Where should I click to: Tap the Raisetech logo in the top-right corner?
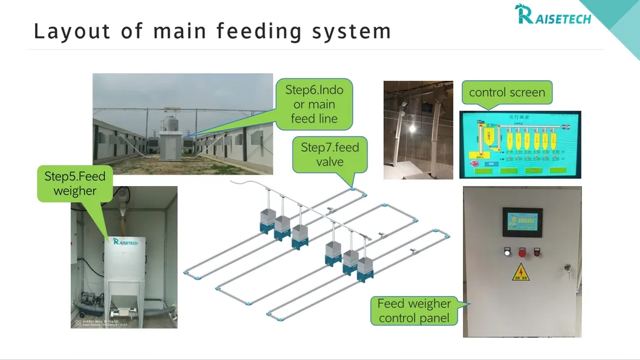pyautogui.click(x=552, y=14)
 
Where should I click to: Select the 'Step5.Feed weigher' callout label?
pyautogui.click(x=75, y=184)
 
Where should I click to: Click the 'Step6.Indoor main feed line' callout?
pyautogui.click(x=314, y=104)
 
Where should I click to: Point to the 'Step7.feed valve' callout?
pyautogui.click(x=330, y=154)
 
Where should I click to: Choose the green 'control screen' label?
pyautogui.click(x=506, y=92)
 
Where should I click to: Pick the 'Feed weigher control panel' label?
pyautogui.click(x=414, y=310)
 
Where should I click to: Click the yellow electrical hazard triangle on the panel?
pyautogui.click(x=518, y=273)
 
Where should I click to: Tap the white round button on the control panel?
pyautogui.click(x=507, y=252)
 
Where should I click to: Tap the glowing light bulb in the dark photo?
pyautogui.click(x=413, y=129)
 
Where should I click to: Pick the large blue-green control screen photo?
pyautogui.click(x=520, y=145)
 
